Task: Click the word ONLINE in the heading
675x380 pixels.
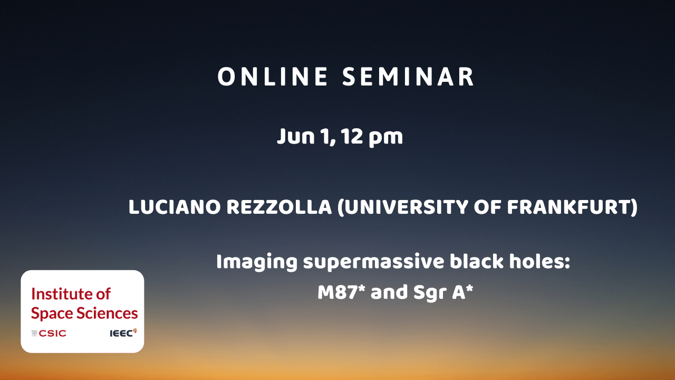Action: (273, 77)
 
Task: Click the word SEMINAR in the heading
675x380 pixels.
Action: (408, 77)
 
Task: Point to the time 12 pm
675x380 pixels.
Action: (372, 137)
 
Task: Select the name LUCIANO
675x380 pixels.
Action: (175, 207)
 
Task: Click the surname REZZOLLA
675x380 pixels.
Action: (279, 207)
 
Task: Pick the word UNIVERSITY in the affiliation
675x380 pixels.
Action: (402, 207)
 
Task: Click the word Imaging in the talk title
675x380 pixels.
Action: (257, 262)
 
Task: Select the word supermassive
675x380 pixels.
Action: (374, 262)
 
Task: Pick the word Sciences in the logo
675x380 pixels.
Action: (107, 313)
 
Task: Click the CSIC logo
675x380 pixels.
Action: (49, 333)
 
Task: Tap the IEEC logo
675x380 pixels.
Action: (123, 332)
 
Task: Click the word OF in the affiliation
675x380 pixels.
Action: (487, 207)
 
